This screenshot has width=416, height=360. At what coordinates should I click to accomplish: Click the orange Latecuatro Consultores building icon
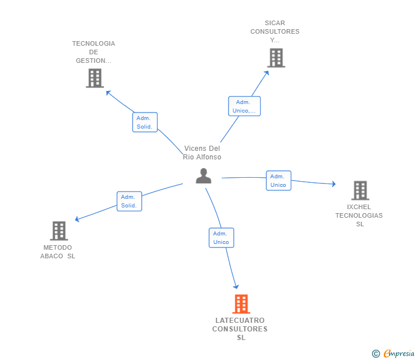tap(241, 304)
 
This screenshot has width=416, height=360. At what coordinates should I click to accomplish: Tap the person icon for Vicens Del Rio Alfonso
tap(203, 175)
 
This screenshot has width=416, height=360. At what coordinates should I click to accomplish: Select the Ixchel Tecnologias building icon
tap(360, 190)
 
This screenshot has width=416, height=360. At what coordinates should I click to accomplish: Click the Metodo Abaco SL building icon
tap(59, 230)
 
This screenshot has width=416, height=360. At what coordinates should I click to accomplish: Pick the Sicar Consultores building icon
tap(276, 58)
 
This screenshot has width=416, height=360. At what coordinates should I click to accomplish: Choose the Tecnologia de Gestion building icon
tap(95, 78)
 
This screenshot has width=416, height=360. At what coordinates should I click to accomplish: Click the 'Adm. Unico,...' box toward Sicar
tap(245, 106)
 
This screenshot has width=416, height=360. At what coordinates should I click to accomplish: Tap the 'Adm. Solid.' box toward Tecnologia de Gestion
tap(145, 122)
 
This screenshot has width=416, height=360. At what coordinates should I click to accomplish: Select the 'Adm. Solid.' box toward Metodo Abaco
tap(129, 201)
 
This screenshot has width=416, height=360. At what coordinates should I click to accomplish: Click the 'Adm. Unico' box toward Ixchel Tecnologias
tap(279, 181)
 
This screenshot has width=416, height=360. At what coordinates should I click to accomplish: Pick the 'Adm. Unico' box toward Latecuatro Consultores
tap(221, 238)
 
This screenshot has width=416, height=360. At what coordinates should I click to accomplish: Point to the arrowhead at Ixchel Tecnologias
tap(334, 184)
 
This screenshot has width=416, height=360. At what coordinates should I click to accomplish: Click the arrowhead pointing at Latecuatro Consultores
tap(236, 287)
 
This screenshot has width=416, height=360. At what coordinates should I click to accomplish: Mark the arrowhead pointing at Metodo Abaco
tap(77, 219)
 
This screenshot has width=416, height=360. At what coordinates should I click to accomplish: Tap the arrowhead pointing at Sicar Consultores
tap(267, 73)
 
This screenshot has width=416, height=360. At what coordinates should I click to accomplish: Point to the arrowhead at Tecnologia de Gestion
tap(108, 93)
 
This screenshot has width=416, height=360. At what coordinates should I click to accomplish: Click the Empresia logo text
tap(399, 353)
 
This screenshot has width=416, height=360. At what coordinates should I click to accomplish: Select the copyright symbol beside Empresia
tap(375, 354)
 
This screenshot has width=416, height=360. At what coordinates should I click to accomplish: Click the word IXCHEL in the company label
tap(359, 207)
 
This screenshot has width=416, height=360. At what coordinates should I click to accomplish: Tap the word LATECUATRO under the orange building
tap(240, 321)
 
